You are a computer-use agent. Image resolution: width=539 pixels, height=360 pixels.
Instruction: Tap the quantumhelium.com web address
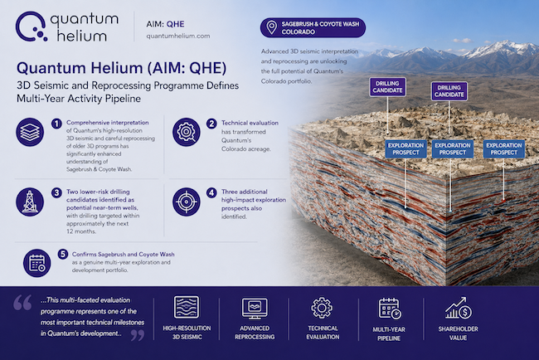pyautogui.click(x=178, y=36)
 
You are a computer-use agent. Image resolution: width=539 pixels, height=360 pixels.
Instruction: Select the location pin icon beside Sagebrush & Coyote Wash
pyautogui.click(x=271, y=27)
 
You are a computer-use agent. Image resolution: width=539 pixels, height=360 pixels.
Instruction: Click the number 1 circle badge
pyautogui.click(x=56, y=124)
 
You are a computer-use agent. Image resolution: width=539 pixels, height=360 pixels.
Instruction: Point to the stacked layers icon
pyautogui.click(x=30, y=132)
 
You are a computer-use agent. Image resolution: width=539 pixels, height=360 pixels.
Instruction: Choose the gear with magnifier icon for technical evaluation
pyautogui.click(x=187, y=132)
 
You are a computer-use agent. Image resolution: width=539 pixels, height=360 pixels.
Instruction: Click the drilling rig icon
pyautogui.click(x=30, y=202)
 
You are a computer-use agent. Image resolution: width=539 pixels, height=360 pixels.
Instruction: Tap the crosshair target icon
pyautogui.click(x=187, y=202)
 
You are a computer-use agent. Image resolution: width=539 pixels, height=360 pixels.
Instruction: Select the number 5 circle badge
pyautogui.click(x=62, y=255)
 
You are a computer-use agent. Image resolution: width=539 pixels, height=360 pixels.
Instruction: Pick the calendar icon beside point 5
pyautogui.click(x=36, y=264)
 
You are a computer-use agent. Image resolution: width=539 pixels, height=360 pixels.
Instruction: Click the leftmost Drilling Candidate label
pyautogui.click(x=388, y=86)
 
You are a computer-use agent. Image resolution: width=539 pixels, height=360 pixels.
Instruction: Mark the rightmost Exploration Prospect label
pyautogui.click(x=504, y=148)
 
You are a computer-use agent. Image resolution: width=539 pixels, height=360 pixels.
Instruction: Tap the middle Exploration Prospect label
pyautogui.click(x=453, y=148)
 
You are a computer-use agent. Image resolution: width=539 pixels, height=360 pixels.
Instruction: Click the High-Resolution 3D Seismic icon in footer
pyautogui.click(x=187, y=307)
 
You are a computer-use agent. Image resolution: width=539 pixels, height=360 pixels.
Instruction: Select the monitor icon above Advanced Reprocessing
pyautogui.click(x=255, y=308)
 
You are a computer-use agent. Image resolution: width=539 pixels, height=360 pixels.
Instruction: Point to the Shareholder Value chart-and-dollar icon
pyautogui.click(x=459, y=308)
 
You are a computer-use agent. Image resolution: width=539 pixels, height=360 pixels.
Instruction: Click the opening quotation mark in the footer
pyautogui.click(x=22, y=303)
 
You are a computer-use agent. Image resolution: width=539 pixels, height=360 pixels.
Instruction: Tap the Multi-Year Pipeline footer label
pyautogui.click(x=389, y=333)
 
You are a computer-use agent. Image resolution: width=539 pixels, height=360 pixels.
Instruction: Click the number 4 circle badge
pyautogui.click(x=211, y=192)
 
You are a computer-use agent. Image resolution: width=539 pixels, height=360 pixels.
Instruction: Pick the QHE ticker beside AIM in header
pyautogui.click(x=175, y=24)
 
